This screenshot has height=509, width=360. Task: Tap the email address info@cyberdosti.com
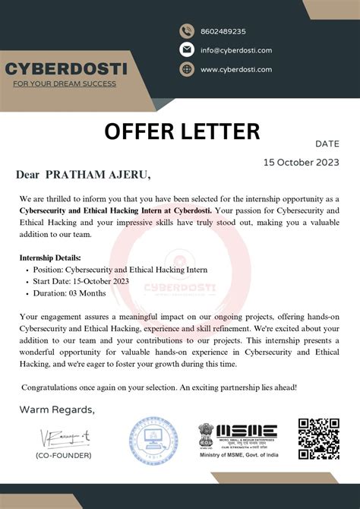235,50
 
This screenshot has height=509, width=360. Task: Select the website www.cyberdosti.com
236,69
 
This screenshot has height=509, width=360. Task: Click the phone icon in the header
187,31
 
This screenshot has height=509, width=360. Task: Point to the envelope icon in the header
187,50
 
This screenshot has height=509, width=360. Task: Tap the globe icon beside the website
187,69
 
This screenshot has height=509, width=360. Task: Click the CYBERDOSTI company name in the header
66,70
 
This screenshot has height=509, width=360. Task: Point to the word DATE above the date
327,143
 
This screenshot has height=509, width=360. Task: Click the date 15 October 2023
302,162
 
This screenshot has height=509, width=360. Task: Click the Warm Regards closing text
57,410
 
